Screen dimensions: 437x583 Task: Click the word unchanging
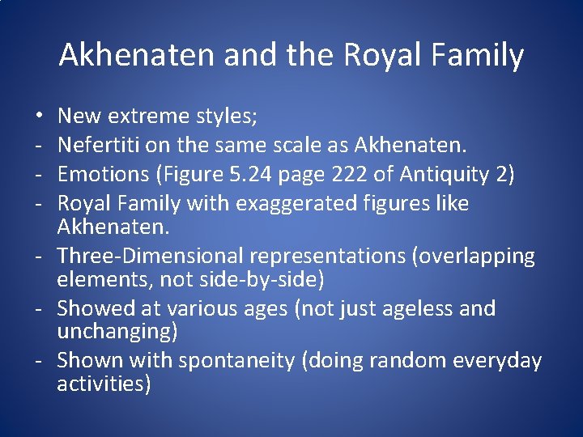tap(117, 332)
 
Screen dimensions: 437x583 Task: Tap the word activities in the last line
tap(104, 384)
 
